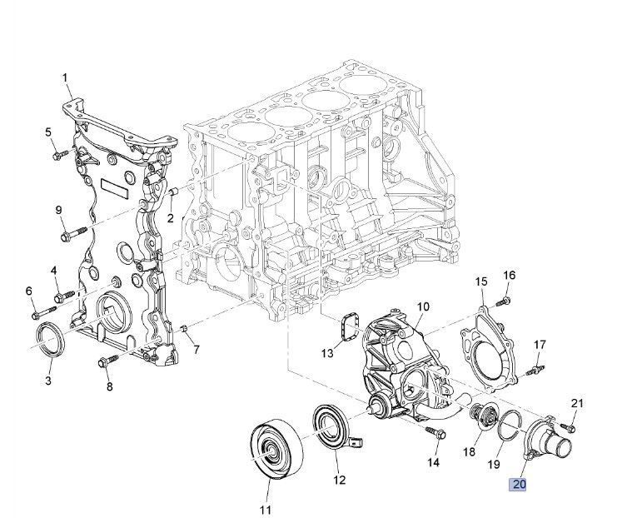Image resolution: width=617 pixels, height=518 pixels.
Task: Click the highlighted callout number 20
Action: click(519, 484)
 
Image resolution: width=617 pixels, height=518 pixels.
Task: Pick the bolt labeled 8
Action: click(107, 361)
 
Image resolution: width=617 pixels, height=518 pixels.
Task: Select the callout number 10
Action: click(422, 307)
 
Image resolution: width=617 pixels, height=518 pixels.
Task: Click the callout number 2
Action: click(170, 218)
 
